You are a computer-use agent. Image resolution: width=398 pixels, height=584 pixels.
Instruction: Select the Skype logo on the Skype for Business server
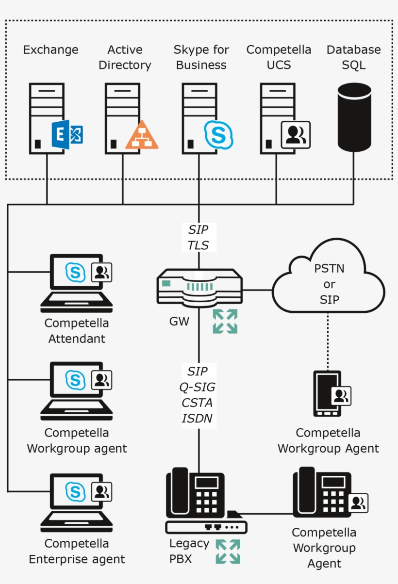[x=218, y=134]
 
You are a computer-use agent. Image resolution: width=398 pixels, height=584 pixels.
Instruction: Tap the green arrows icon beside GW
[x=225, y=321]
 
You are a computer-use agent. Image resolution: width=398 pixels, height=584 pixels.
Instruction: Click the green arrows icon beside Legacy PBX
[x=228, y=552]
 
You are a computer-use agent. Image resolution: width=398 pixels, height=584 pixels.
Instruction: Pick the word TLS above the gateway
[x=198, y=245]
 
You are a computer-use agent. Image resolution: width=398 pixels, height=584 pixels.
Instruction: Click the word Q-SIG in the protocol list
[x=198, y=387]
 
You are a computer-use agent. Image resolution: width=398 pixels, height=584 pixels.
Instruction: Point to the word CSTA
[x=197, y=403]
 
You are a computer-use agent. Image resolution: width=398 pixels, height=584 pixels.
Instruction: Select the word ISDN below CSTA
[x=197, y=418]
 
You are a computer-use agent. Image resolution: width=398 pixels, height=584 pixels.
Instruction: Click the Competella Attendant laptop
[x=77, y=284]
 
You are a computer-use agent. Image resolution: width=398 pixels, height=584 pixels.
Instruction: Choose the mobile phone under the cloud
[x=327, y=393]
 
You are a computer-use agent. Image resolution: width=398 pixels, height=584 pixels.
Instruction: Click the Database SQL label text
[x=353, y=57]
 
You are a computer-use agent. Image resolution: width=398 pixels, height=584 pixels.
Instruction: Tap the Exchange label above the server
[x=50, y=49]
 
